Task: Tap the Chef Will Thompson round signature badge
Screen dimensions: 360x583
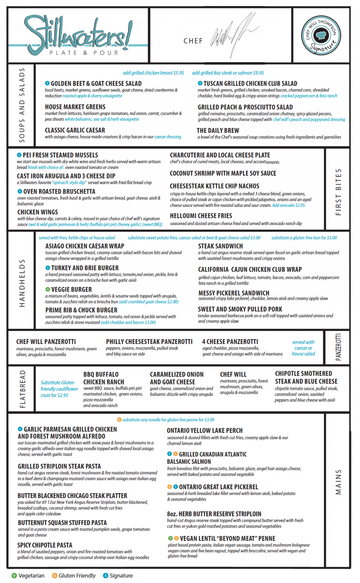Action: [321, 35]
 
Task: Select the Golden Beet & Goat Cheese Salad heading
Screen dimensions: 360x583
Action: [96, 84]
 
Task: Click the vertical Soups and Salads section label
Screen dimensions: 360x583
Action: [22, 105]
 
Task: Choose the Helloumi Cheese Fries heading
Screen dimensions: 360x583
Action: [201, 216]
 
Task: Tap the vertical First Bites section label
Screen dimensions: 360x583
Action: [338, 192]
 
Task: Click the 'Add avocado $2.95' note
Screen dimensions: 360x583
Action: [288, 205]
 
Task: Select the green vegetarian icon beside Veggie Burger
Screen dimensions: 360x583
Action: [48, 289]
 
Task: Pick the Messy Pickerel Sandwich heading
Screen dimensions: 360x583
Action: [234, 293]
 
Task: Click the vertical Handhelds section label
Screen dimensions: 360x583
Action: [22, 283]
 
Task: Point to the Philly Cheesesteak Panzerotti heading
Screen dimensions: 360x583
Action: [149, 342]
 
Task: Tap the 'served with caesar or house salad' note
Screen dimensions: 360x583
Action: [303, 348]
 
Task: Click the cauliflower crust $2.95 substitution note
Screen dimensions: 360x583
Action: [59, 389]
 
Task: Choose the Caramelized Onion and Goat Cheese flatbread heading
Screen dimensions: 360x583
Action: [176, 378]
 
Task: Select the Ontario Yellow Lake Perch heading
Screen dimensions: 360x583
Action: [204, 430]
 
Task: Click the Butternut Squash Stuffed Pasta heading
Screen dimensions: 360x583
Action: [62, 523]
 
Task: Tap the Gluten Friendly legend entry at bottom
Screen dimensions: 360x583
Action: [74, 575]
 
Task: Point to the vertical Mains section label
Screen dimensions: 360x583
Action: [338, 482]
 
